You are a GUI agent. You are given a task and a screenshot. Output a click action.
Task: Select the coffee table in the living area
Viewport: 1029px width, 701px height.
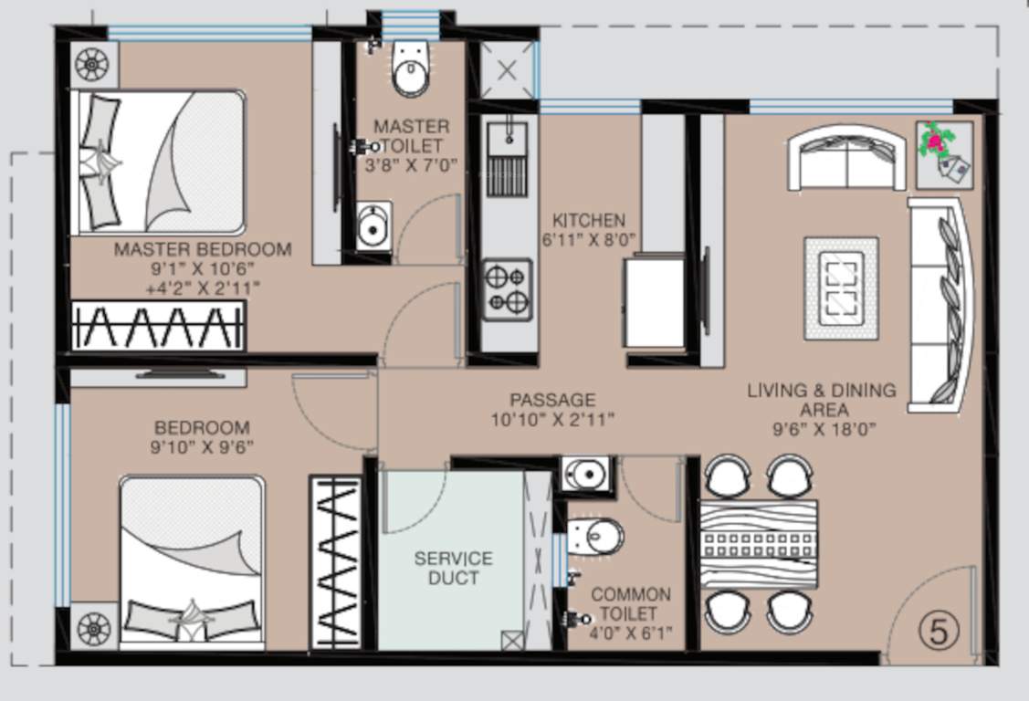point(841,288)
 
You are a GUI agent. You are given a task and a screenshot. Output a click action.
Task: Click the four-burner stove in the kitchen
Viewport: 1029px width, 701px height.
point(507,289)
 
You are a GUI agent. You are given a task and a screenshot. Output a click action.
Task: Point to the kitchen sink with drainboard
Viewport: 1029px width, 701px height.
point(507,160)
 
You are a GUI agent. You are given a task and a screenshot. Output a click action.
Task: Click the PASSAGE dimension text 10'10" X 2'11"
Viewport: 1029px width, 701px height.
point(551,420)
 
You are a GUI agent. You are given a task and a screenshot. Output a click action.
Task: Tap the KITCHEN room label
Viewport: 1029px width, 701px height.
point(589,220)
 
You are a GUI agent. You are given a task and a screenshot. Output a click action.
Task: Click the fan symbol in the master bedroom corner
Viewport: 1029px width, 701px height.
point(92,65)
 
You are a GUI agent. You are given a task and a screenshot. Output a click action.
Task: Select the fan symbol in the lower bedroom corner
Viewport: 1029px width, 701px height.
point(93,628)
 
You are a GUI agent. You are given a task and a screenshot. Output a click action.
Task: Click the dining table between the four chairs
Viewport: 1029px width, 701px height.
point(758,544)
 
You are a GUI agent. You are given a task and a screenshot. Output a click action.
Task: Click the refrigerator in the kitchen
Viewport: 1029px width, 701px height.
point(654,301)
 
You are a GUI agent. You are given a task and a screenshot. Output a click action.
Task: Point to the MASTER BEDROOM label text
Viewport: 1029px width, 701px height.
point(203,249)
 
